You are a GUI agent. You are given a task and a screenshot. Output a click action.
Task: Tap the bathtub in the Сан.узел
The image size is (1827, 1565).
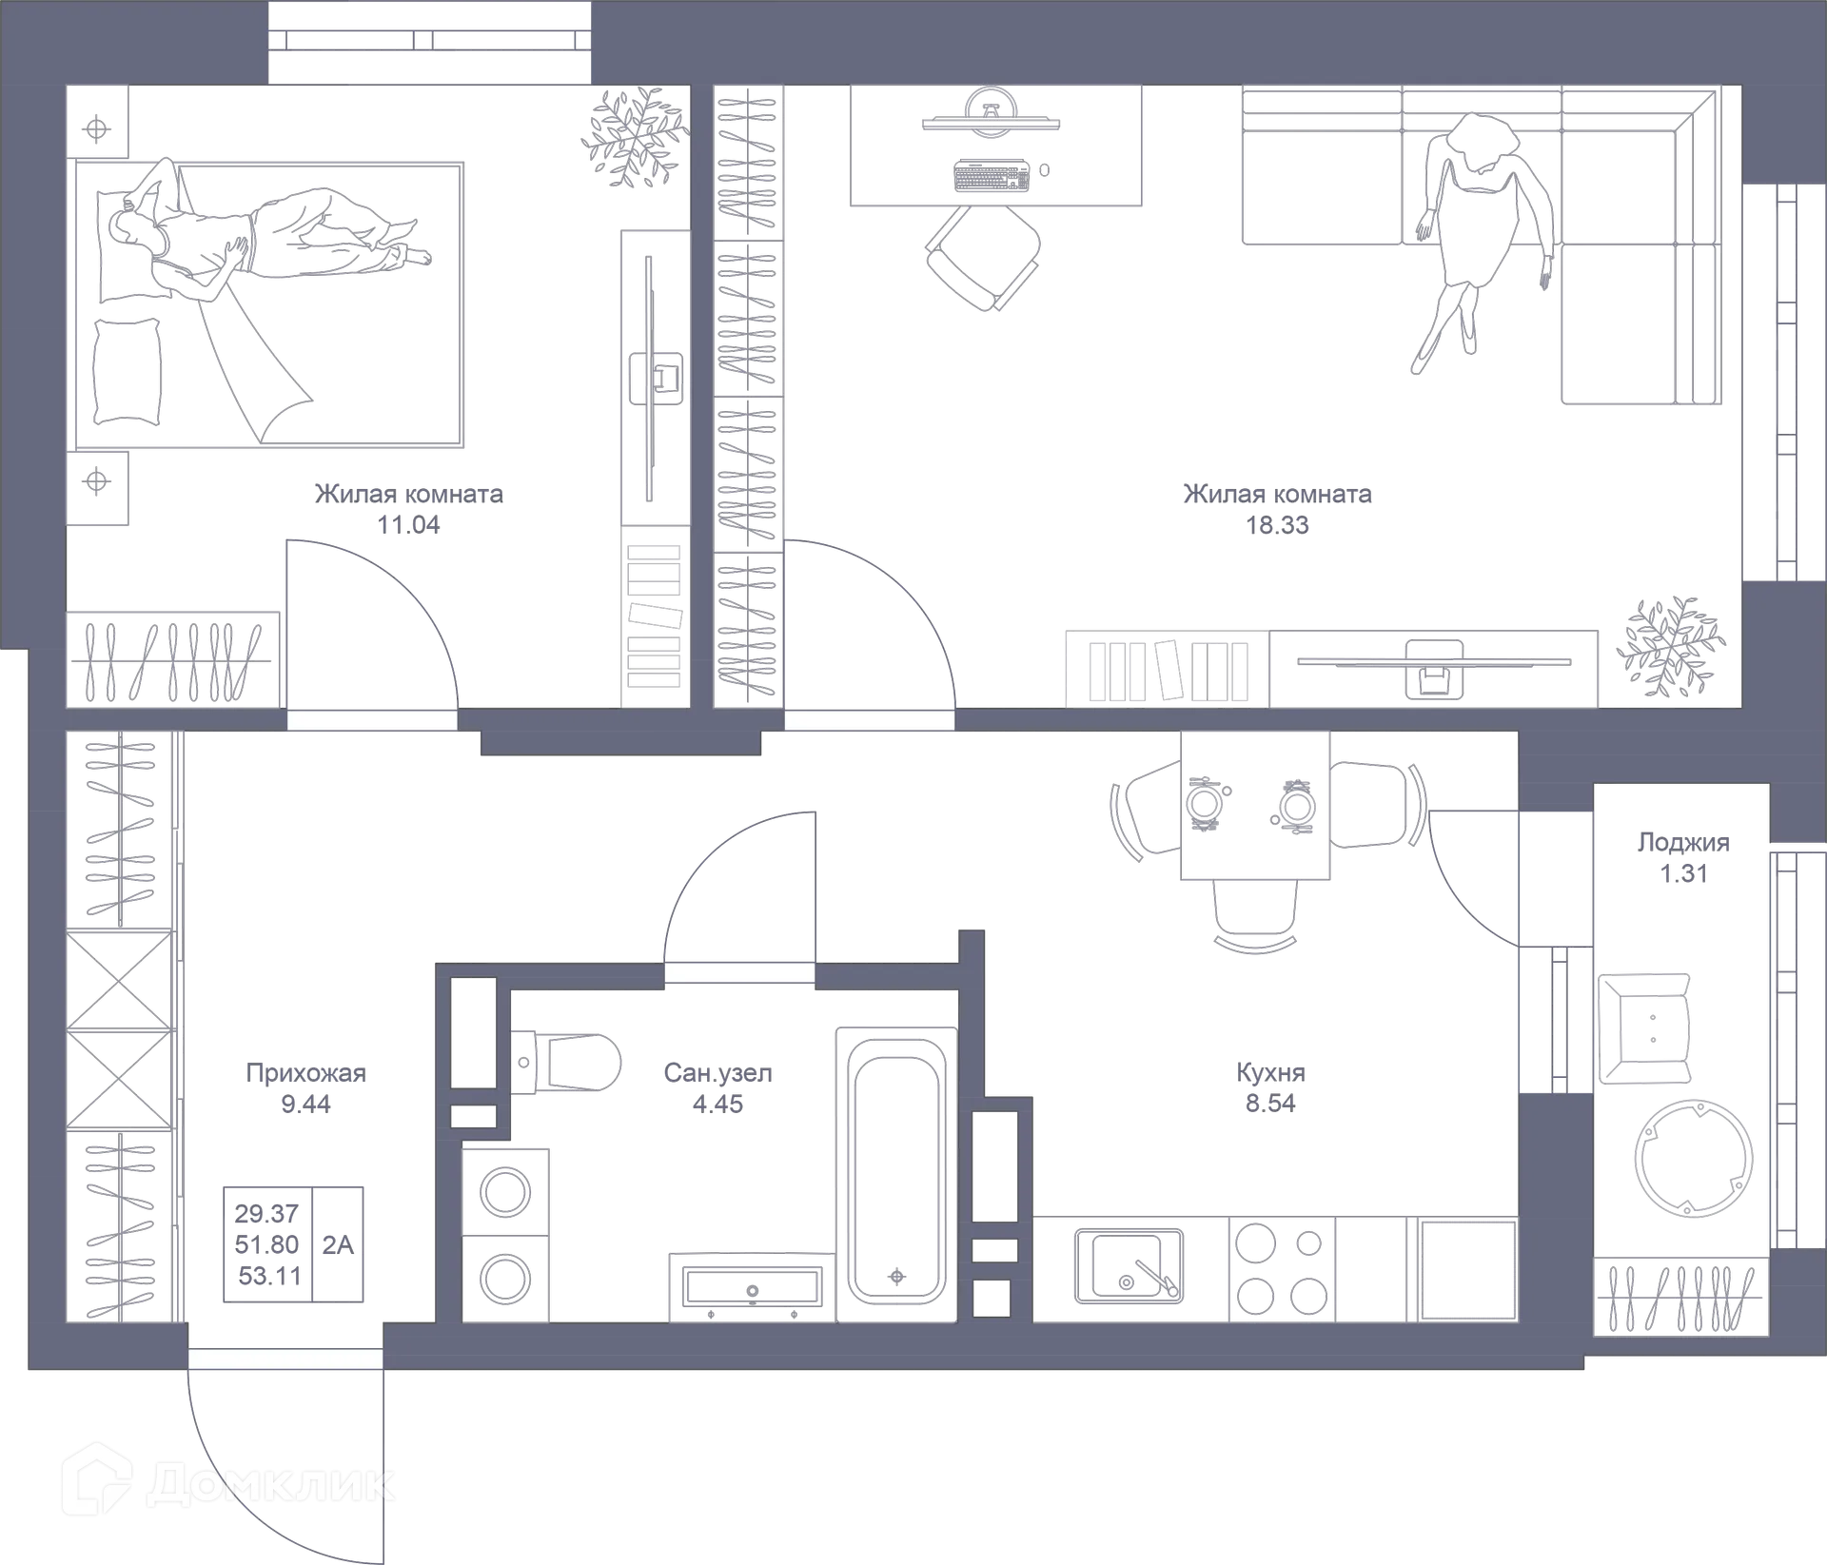coord(897,1169)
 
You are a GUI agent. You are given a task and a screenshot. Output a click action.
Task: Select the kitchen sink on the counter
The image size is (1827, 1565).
coord(1130,1266)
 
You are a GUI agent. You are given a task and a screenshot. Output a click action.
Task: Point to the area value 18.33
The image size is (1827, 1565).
coord(1278,525)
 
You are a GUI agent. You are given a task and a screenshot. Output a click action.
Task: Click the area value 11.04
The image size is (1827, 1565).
coord(409,525)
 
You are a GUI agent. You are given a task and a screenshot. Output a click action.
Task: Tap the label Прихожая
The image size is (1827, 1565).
coord(304,1074)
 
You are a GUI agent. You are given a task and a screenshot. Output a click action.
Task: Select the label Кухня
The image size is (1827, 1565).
coord(1270,1073)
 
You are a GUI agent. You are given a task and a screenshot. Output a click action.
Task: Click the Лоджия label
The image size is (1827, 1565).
coord(1681,843)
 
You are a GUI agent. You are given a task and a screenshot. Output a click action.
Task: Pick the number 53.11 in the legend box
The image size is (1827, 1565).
coord(269,1275)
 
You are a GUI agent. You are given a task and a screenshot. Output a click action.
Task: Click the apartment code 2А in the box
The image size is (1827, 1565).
coord(339,1244)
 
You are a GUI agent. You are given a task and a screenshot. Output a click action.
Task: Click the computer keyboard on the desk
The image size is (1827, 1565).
coord(991,176)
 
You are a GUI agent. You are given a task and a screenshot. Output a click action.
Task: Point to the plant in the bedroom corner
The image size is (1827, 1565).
coord(633,138)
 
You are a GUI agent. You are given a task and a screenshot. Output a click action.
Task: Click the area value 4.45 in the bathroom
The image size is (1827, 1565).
coord(718,1104)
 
